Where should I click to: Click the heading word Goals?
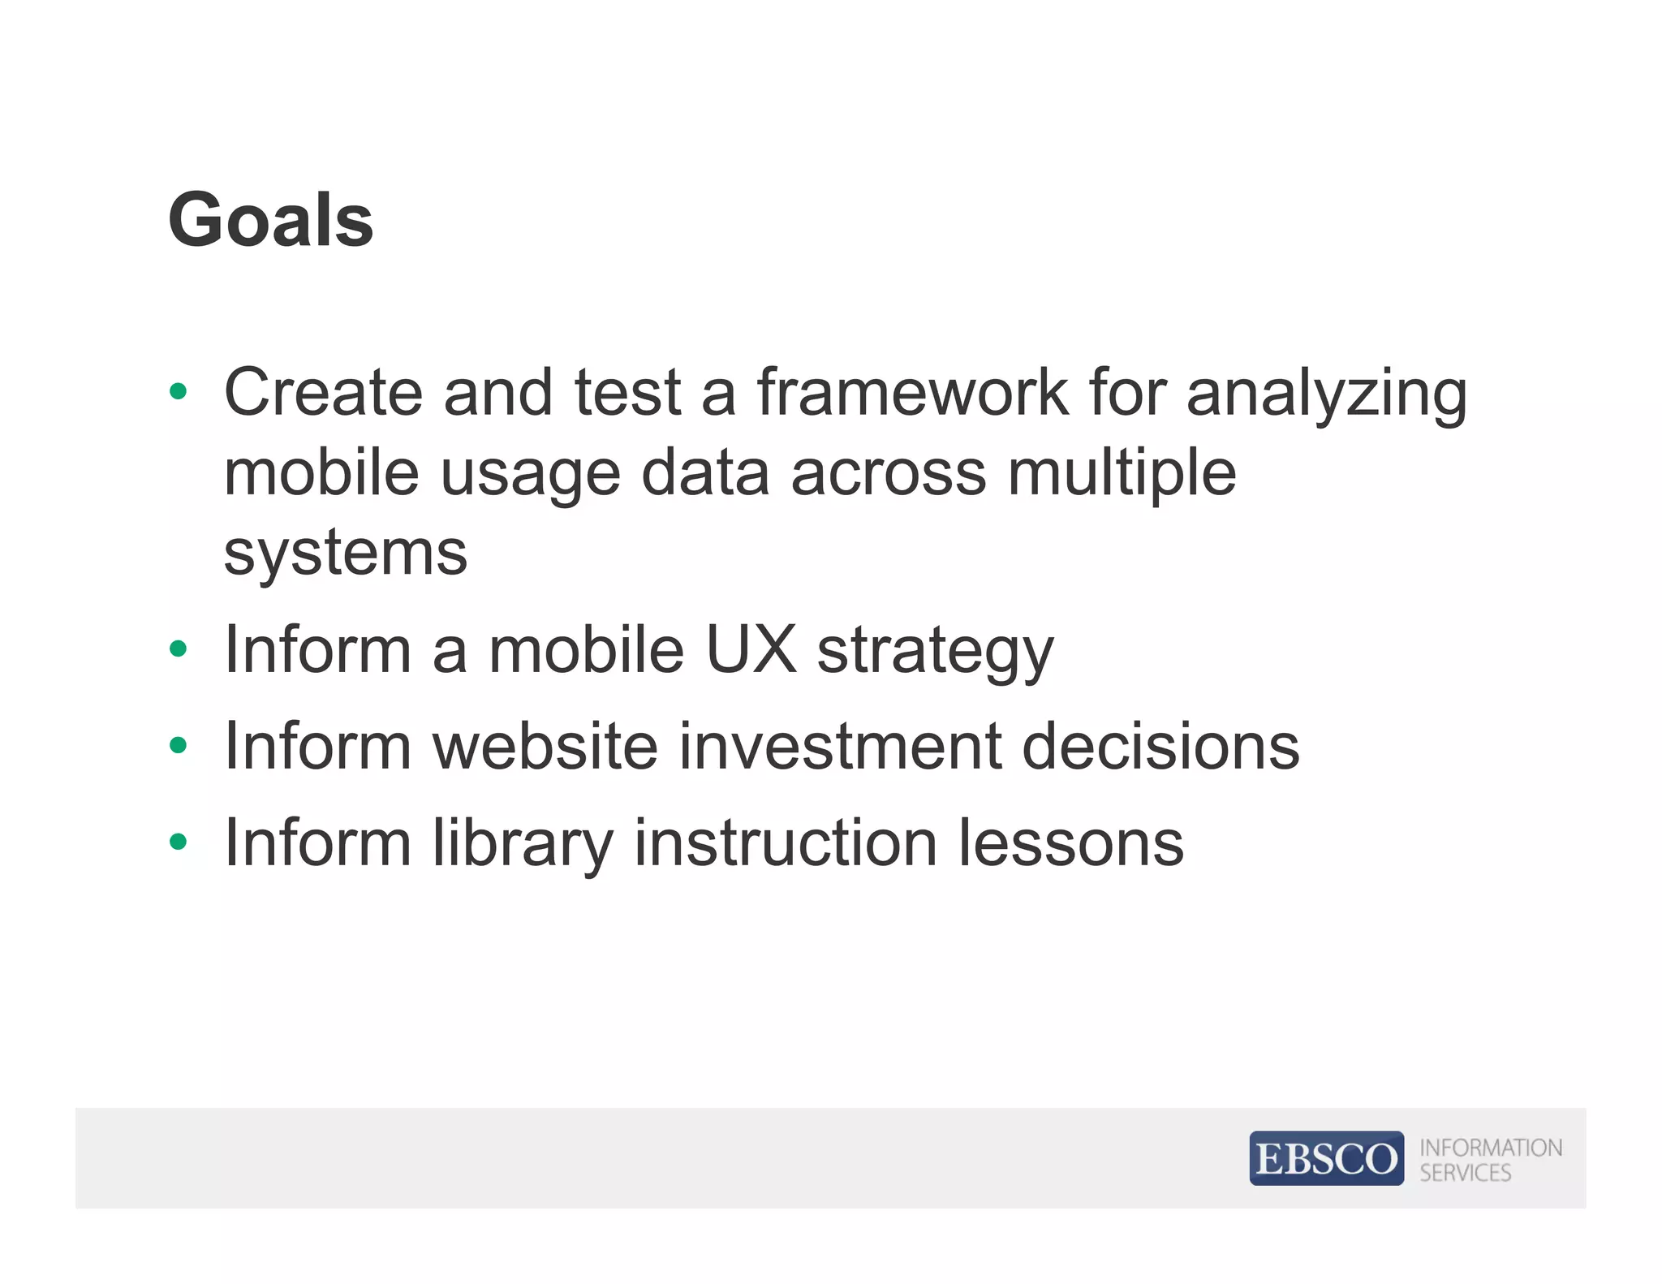tap(270, 220)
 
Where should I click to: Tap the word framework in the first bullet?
tap(913, 393)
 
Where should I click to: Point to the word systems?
tap(346, 554)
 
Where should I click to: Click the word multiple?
tap(1122, 474)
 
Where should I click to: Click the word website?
tap(545, 746)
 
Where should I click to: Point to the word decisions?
tap(1160, 746)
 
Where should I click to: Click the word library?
tap(523, 844)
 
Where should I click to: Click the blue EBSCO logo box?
tap(1326, 1157)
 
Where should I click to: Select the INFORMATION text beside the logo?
tap(1491, 1148)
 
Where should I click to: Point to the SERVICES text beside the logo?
tap(1466, 1173)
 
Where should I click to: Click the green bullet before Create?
tap(179, 392)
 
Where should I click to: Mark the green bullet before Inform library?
tap(179, 842)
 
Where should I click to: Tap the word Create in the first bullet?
tap(323, 393)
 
